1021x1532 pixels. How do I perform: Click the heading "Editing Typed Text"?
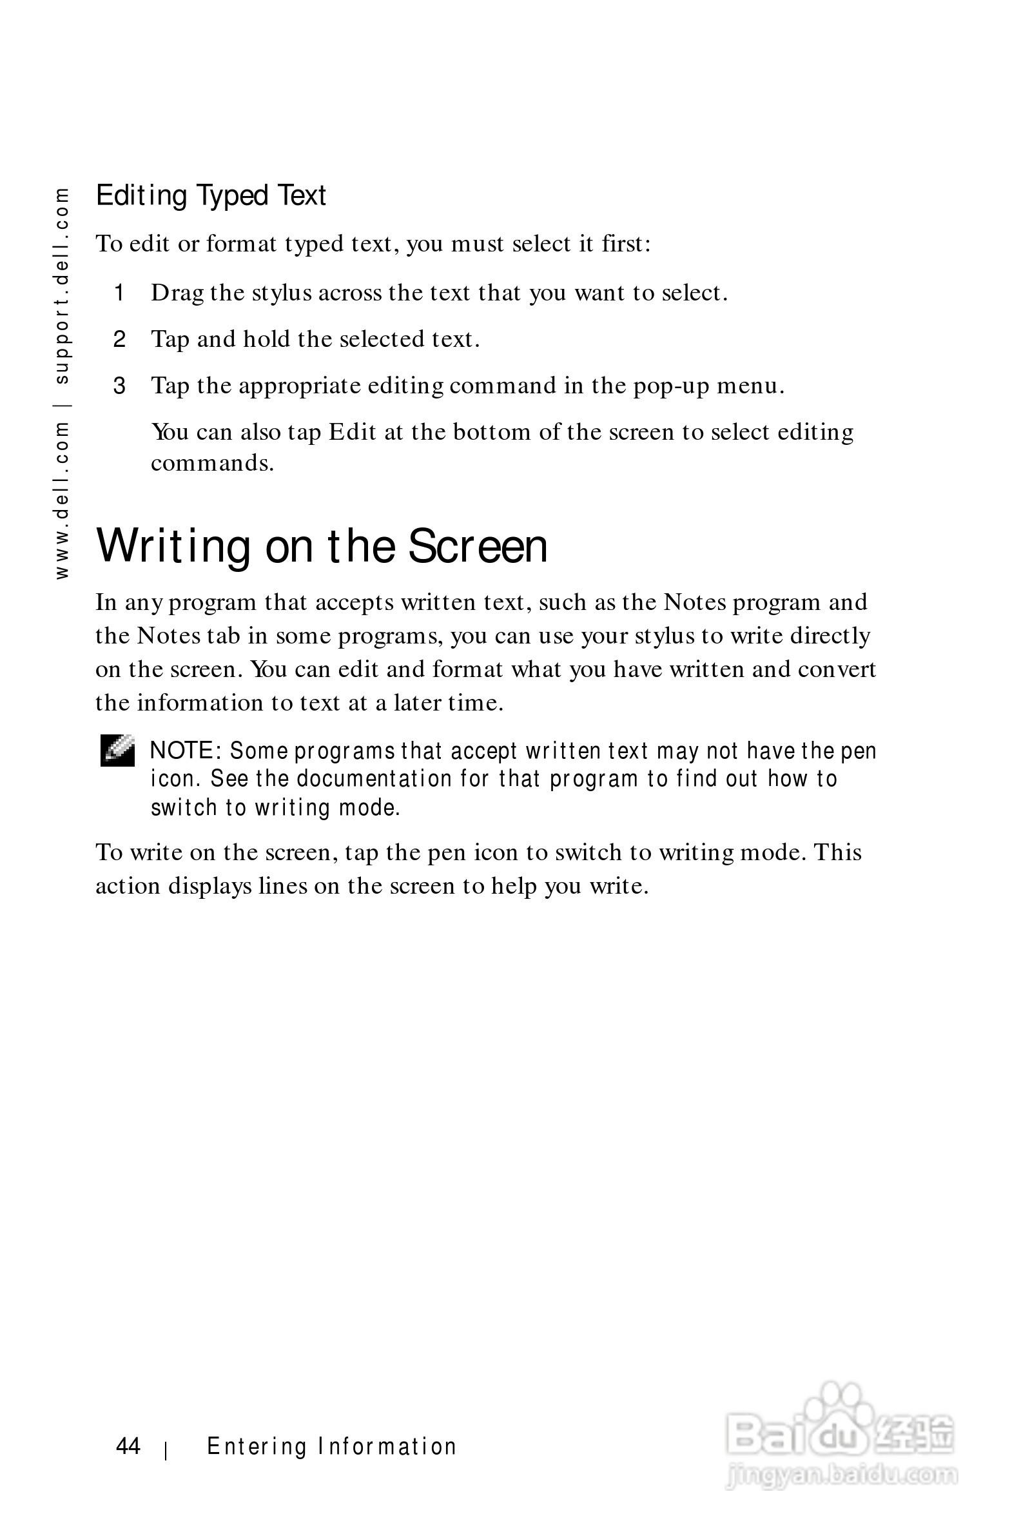[x=210, y=195]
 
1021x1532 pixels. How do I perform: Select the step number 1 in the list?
[x=119, y=293]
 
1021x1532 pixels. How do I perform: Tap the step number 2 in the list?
[x=119, y=339]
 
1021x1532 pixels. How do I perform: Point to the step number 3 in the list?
[x=119, y=386]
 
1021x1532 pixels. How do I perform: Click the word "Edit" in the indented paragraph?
[x=353, y=432]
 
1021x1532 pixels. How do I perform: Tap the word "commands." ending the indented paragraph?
[x=212, y=463]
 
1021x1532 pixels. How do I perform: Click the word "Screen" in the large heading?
[x=477, y=546]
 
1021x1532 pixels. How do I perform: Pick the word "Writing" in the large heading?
[x=173, y=546]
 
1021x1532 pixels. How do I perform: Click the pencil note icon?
[x=117, y=751]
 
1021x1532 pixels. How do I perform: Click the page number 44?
[x=128, y=1446]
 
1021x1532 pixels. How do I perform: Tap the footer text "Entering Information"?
[x=331, y=1447]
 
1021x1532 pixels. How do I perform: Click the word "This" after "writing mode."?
[x=837, y=852]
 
